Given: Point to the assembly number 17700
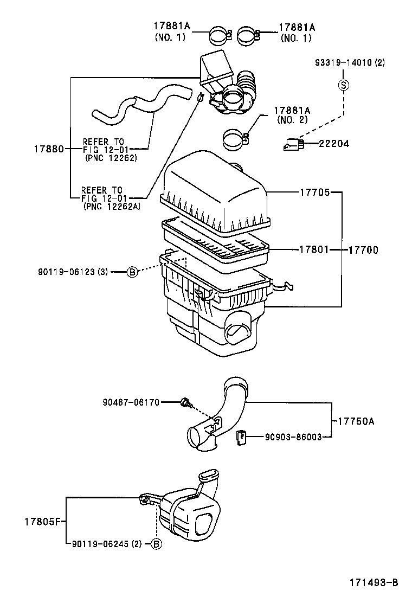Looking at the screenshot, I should pyautogui.click(x=363, y=250).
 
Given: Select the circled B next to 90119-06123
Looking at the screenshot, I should pyautogui.click(x=132, y=273).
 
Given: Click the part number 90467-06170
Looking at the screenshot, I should pyautogui.click(x=131, y=402).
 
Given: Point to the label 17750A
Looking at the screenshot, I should pyautogui.click(x=356, y=421).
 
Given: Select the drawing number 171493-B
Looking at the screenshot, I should pyautogui.click(x=373, y=582).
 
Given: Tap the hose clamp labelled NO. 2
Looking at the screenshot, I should pyautogui.click(x=236, y=138).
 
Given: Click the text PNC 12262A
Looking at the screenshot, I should pyautogui.click(x=112, y=206).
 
